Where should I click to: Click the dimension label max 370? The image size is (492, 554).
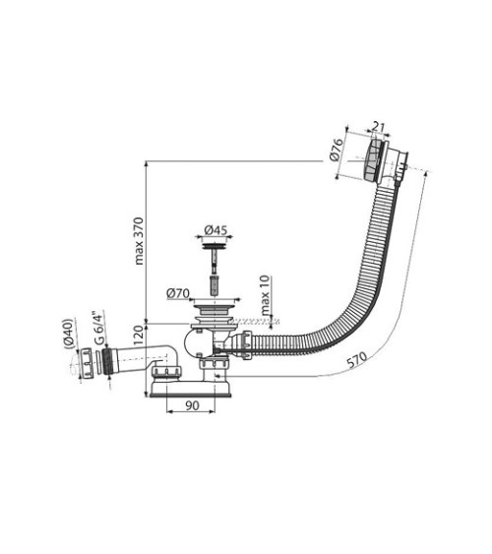[x=140, y=241]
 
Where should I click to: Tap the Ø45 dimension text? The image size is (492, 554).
[x=215, y=230]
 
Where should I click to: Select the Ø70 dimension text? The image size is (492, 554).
[x=178, y=293]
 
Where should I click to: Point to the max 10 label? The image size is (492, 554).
[x=266, y=295]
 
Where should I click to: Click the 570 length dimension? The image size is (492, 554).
[x=356, y=360]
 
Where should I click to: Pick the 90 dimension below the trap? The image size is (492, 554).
[x=192, y=405]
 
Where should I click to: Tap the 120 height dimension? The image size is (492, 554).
[x=140, y=336]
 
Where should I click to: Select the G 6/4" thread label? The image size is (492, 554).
[x=98, y=328]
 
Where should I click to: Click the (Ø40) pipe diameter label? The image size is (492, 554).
[x=68, y=335]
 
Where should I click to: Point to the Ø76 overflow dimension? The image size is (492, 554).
[x=337, y=151]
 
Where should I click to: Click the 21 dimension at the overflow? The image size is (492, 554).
[x=379, y=127]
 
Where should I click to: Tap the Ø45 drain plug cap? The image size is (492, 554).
[x=215, y=246]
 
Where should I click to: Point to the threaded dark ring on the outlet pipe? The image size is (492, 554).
[x=107, y=362]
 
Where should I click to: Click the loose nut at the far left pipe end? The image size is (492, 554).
[x=87, y=362]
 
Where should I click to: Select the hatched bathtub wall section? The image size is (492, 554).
[x=255, y=322]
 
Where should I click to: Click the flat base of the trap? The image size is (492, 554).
[x=191, y=389]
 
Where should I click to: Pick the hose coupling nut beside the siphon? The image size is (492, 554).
[x=246, y=344]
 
